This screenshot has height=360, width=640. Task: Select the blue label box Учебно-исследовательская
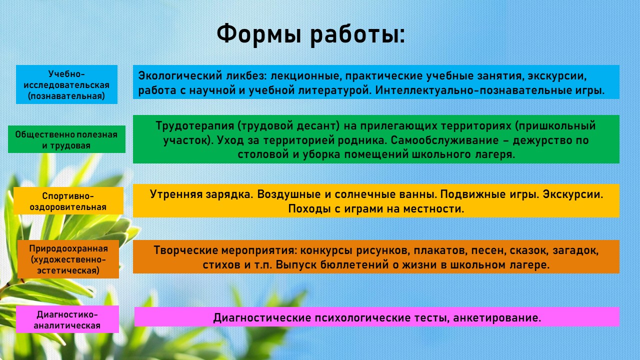coord(66,84)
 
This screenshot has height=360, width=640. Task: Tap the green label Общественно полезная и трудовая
coord(66,139)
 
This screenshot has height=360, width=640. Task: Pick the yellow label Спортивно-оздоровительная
coord(68,201)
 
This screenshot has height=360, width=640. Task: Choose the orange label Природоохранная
coord(68,259)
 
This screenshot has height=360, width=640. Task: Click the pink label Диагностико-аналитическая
coord(67,319)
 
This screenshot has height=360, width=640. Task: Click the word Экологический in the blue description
coord(180,75)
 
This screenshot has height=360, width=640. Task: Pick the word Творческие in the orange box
coord(185,250)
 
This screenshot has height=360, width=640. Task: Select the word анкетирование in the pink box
coord(497,317)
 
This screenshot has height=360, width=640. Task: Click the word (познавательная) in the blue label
coord(66,96)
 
